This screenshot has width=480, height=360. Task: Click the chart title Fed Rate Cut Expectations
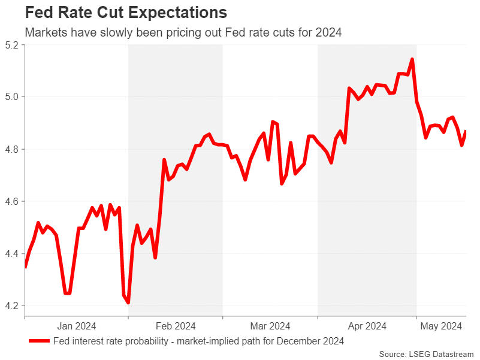point(125,13)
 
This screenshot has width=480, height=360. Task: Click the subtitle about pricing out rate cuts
point(183,32)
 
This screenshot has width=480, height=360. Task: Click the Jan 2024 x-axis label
point(77,326)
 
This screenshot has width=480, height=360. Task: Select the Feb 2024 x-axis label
point(176,326)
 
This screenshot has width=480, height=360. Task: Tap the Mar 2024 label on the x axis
point(270,326)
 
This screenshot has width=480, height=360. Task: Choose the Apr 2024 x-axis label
point(367,326)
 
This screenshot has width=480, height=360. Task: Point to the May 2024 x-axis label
point(442,326)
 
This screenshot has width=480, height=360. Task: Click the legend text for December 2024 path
point(198,341)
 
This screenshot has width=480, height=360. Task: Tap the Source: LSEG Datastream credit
point(427,353)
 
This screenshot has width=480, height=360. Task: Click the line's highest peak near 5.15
point(412,59)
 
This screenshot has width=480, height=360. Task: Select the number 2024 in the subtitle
point(329,32)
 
